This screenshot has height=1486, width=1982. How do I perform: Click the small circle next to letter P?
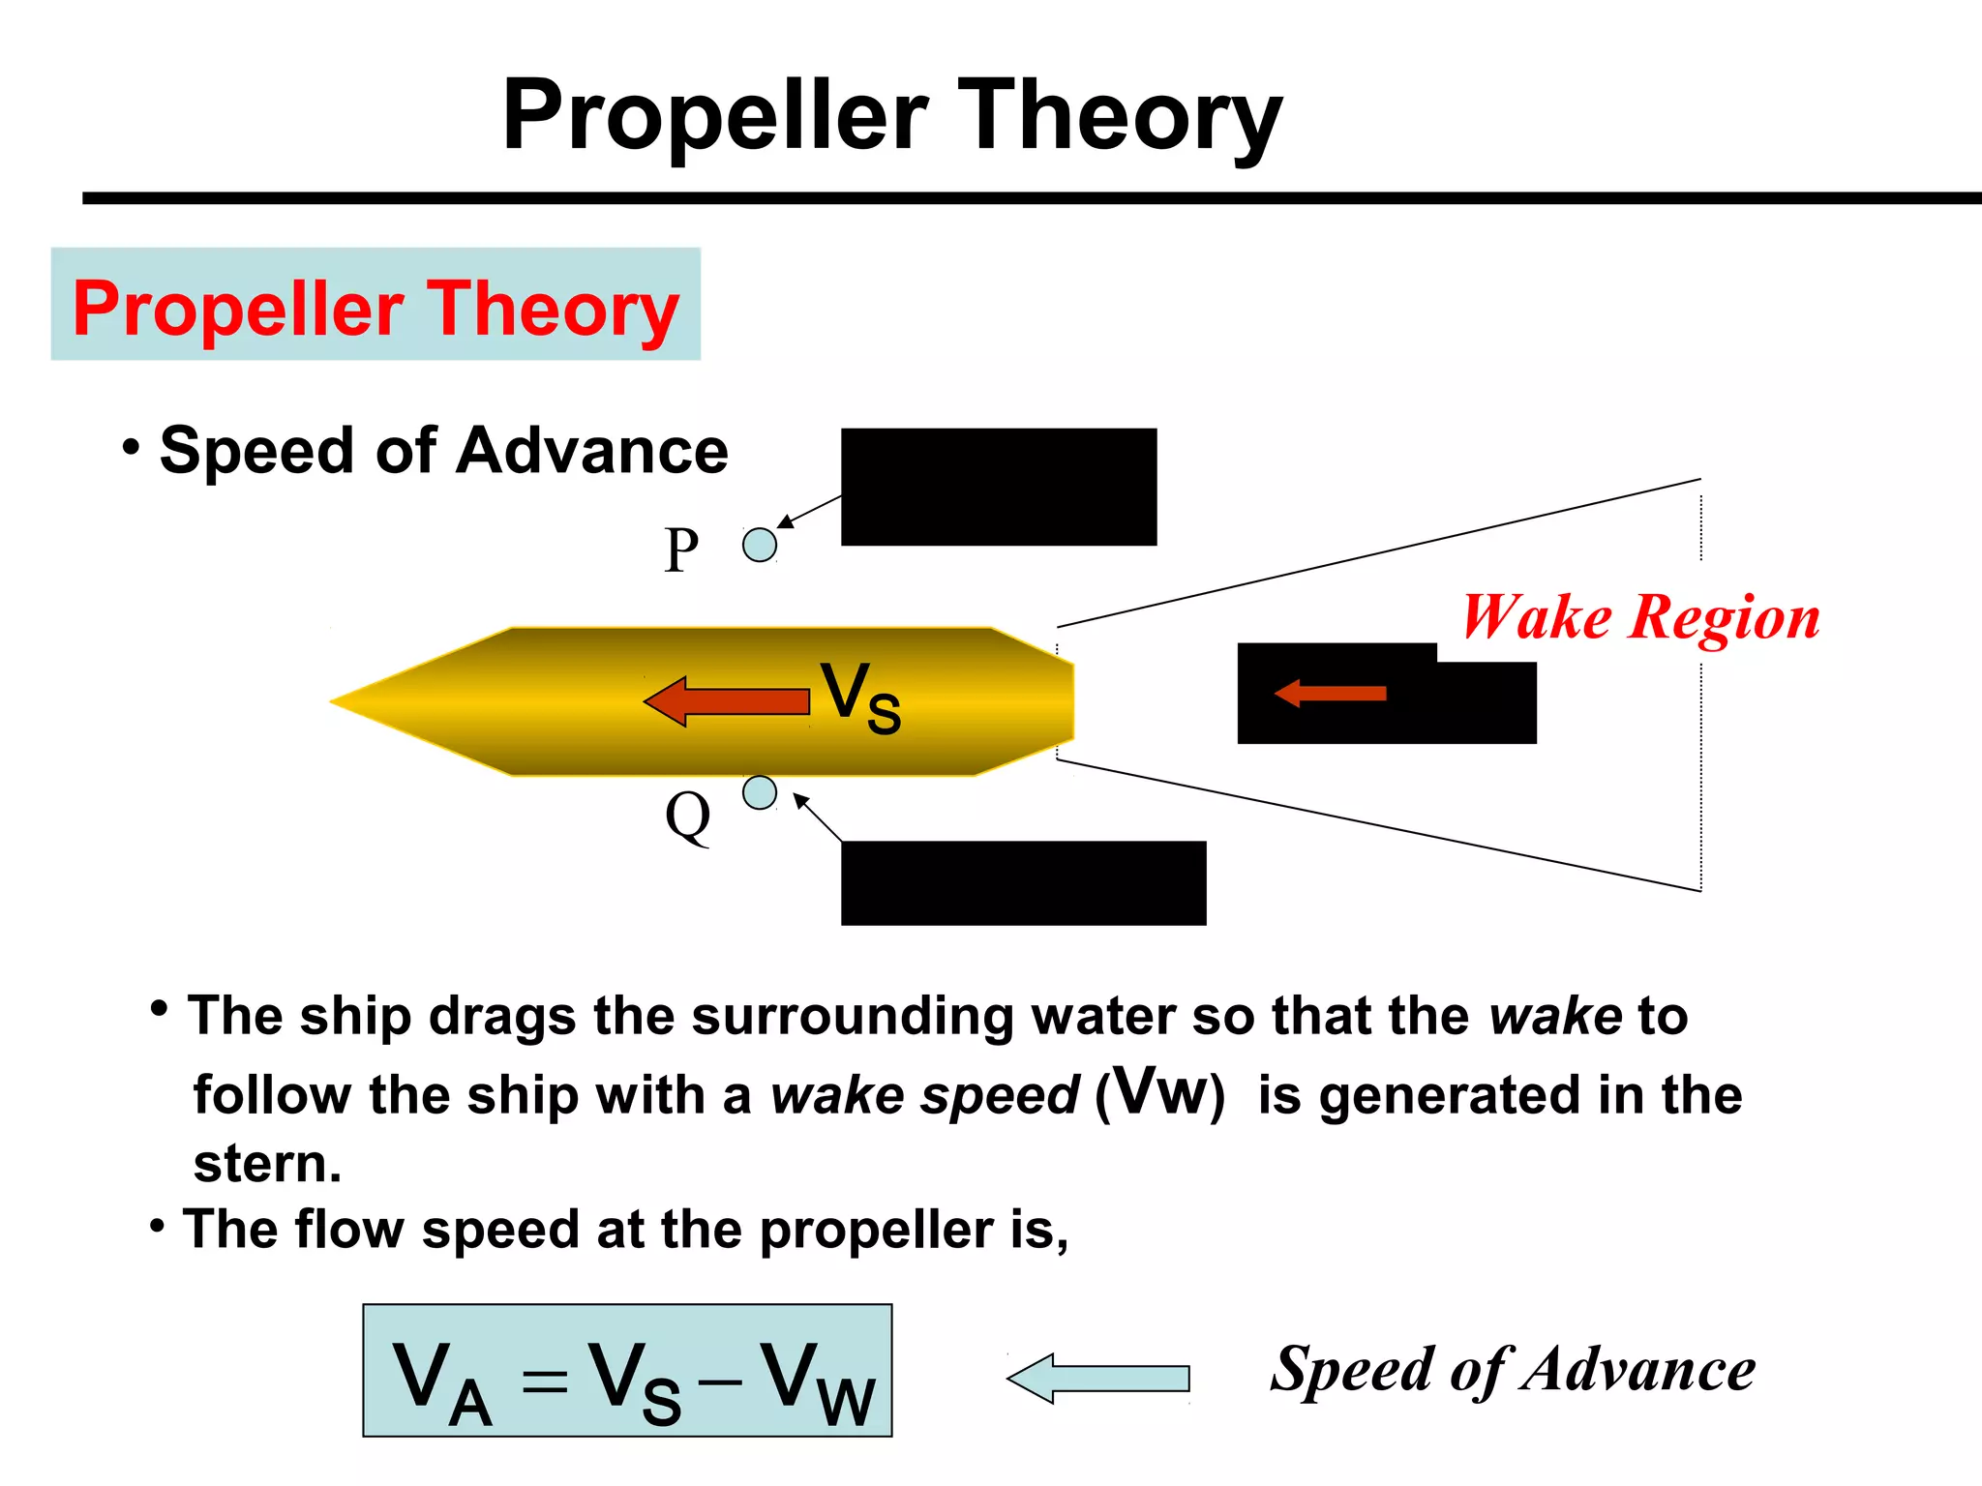(x=760, y=545)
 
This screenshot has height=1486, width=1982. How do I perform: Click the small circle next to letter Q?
(x=760, y=792)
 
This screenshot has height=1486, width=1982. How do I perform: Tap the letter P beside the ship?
(x=681, y=550)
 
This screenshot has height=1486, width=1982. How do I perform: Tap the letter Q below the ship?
(x=688, y=816)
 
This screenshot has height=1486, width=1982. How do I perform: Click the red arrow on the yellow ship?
(x=727, y=701)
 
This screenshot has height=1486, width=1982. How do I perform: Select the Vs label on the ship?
(x=860, y=698)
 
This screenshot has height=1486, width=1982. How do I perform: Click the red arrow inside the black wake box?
(x=1331, y=693)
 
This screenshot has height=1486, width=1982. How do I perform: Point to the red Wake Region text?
(x=1640, y=618)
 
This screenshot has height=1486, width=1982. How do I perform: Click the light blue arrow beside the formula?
(x=1098, y=1378)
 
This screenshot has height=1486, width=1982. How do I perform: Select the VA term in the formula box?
(x=441, y=1382)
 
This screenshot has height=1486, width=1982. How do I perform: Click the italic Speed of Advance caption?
(x=1513, y=1371)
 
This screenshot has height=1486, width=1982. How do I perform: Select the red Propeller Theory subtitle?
(x=375, y=309)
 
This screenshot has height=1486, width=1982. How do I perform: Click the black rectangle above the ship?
(x=999, y=487)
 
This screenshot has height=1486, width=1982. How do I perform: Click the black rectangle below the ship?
(x=1023, y=882)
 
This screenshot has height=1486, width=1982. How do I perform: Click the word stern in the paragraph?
(x=266, y=1163)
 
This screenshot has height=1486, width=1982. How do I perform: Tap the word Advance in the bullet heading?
(x=591, y=451)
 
